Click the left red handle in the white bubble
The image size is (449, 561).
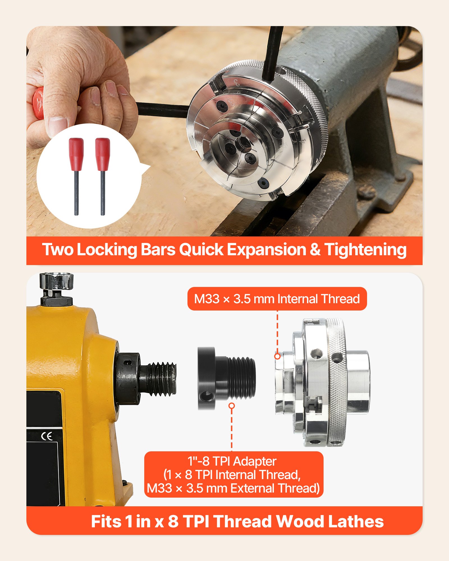(76, 153)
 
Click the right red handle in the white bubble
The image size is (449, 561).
(102, 153)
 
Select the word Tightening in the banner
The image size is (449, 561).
(365, 249)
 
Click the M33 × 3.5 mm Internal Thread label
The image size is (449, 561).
(277, 299)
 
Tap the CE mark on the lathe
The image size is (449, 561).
(47, 436)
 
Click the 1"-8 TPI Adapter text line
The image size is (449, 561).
(232, 461)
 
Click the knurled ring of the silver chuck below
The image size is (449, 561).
(338, 381)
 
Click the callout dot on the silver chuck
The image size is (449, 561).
(277, 356)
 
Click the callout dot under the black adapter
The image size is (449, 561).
(232, 406)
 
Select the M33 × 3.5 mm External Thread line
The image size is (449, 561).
(233, 488)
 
